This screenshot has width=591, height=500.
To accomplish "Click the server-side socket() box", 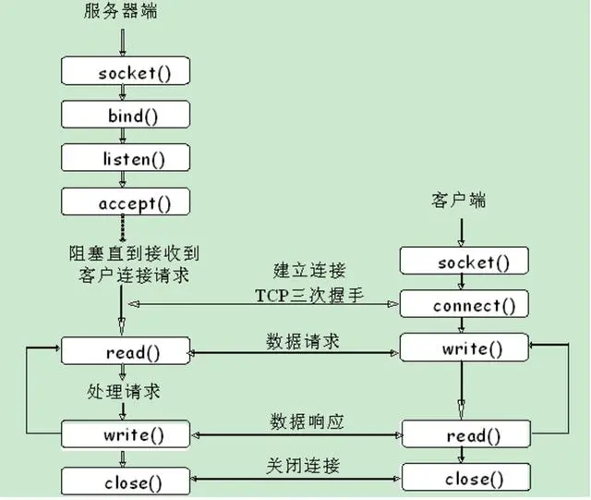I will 127,72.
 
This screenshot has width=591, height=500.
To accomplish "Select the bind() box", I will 127,115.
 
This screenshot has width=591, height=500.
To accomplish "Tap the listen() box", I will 127,158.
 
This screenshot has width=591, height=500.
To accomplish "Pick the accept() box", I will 127,201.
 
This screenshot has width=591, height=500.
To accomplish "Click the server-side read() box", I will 127,351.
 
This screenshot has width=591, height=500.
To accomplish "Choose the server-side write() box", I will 127,433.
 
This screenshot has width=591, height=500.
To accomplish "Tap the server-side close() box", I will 127,482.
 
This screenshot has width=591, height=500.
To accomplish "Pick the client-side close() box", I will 466,478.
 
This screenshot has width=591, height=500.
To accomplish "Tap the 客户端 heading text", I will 458,201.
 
